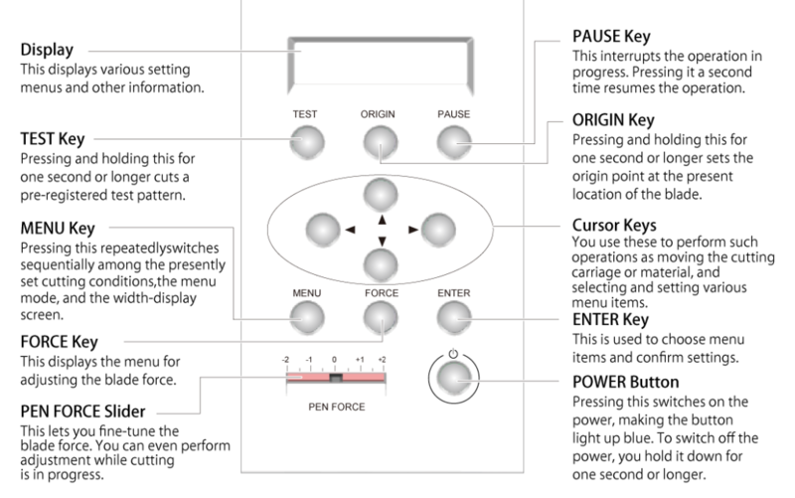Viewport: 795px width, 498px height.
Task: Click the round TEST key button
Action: [x=305, y=145]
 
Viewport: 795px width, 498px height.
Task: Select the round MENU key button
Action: [x=305, y=317]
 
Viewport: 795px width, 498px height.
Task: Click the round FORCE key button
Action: [x=380, y=317]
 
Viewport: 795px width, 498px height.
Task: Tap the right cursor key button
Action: [x=436, y=228]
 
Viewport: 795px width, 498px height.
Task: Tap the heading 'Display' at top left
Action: [x=46, y=48]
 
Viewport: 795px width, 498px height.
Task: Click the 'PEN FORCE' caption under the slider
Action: [x=335, y=407]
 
